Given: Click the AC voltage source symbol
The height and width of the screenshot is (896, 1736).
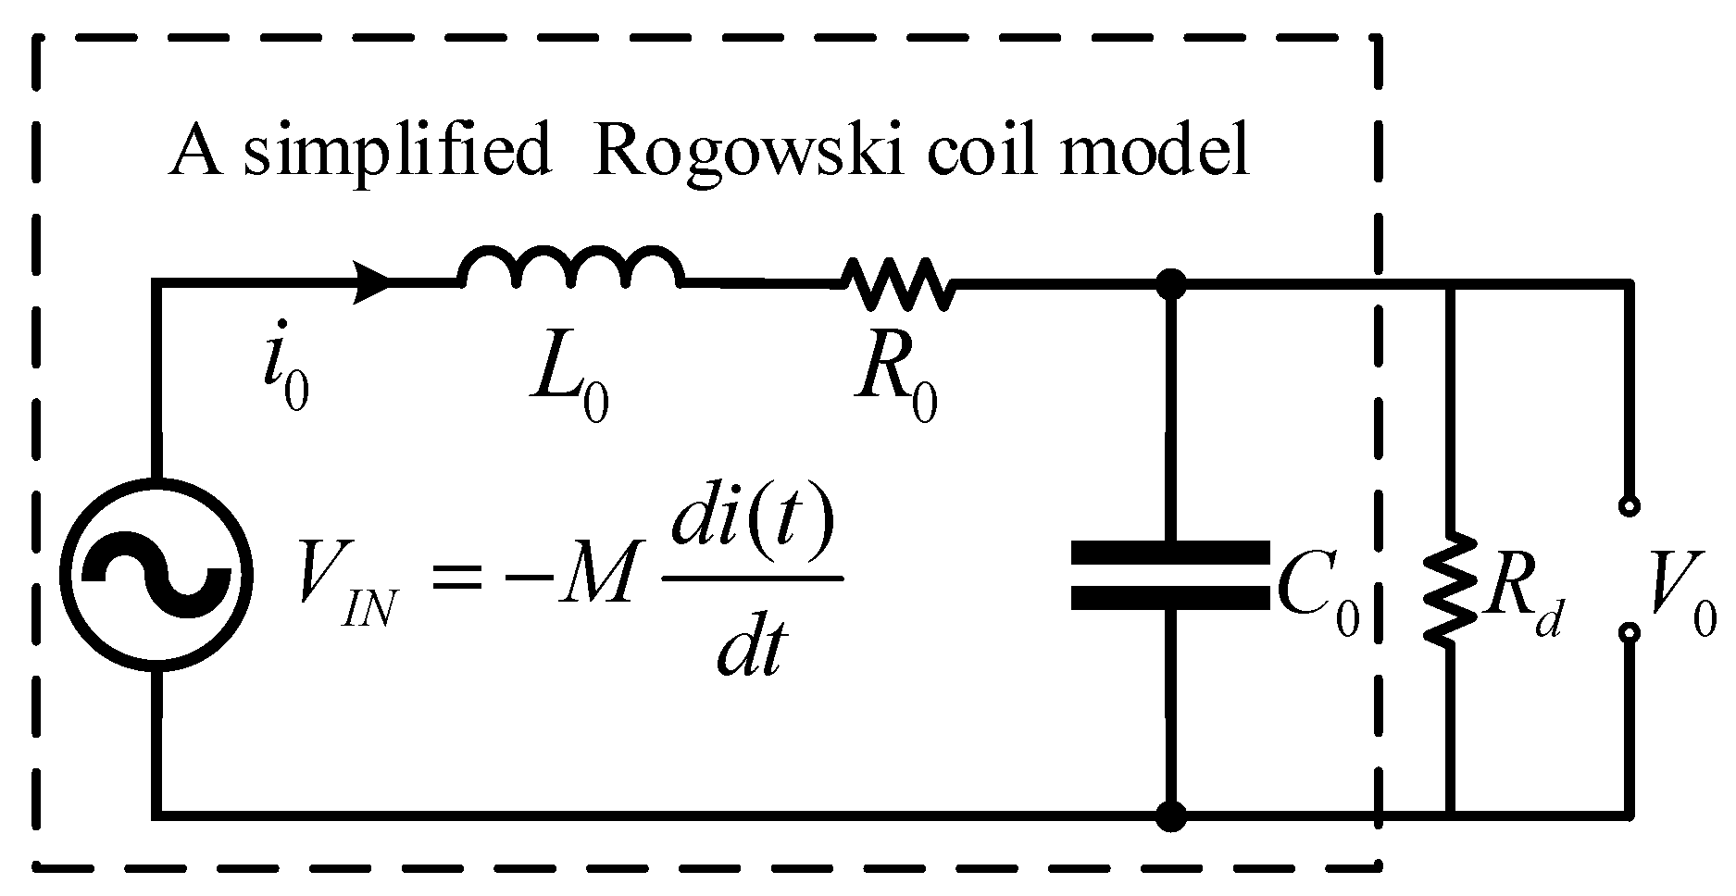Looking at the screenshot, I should click(156, 575).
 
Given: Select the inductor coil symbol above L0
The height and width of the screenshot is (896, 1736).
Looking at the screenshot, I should click(571, 267).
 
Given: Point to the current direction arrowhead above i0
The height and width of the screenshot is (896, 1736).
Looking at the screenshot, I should click(374, 281).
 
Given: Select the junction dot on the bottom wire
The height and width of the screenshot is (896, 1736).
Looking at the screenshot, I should click(1172, 815).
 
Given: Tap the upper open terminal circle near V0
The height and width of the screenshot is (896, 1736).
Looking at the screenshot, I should click(1629, 506).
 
